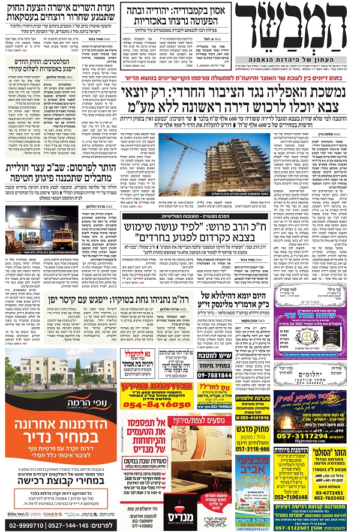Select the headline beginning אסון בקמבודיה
pos(173,11)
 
